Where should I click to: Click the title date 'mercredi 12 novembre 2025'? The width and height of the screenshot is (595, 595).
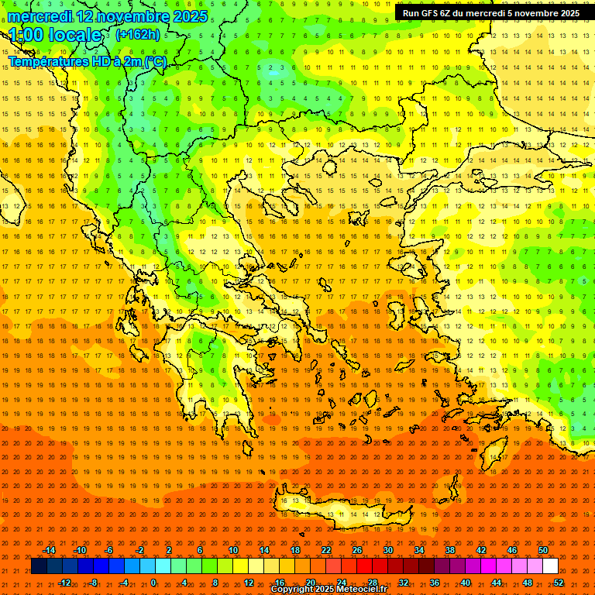click(108, 16)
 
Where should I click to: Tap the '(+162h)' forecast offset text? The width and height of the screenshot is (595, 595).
click(137, 35)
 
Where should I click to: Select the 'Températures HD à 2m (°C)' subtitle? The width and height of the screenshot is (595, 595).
click(87, 61)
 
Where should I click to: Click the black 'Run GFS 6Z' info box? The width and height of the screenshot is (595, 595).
click(491, 13)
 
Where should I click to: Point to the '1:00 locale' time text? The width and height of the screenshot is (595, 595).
click(55, 36)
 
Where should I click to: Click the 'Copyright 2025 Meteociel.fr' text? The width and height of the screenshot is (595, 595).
click(328, 590)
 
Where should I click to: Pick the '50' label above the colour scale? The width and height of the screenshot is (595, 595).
click(543, 550)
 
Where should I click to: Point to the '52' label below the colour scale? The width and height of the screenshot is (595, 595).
click(559, 583)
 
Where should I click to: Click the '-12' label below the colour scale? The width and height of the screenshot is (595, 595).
click(64, 583)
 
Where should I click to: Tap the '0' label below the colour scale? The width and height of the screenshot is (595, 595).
click(153, 583)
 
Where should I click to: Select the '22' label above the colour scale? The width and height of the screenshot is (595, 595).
click(326, 550)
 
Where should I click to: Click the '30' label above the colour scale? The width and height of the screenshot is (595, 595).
click(388, 550)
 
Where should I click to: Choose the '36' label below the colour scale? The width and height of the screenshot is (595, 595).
click(435, 583)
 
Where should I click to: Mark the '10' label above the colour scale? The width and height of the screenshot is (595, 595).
click(233, 550)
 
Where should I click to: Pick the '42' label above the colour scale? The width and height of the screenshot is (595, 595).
click(481, 550)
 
